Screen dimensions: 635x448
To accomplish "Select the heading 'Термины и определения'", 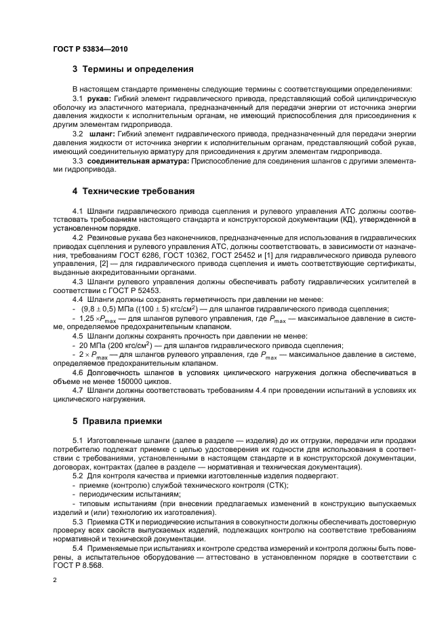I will [x=138, y=69].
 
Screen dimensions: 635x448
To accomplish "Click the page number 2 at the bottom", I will [x=55, y=580].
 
